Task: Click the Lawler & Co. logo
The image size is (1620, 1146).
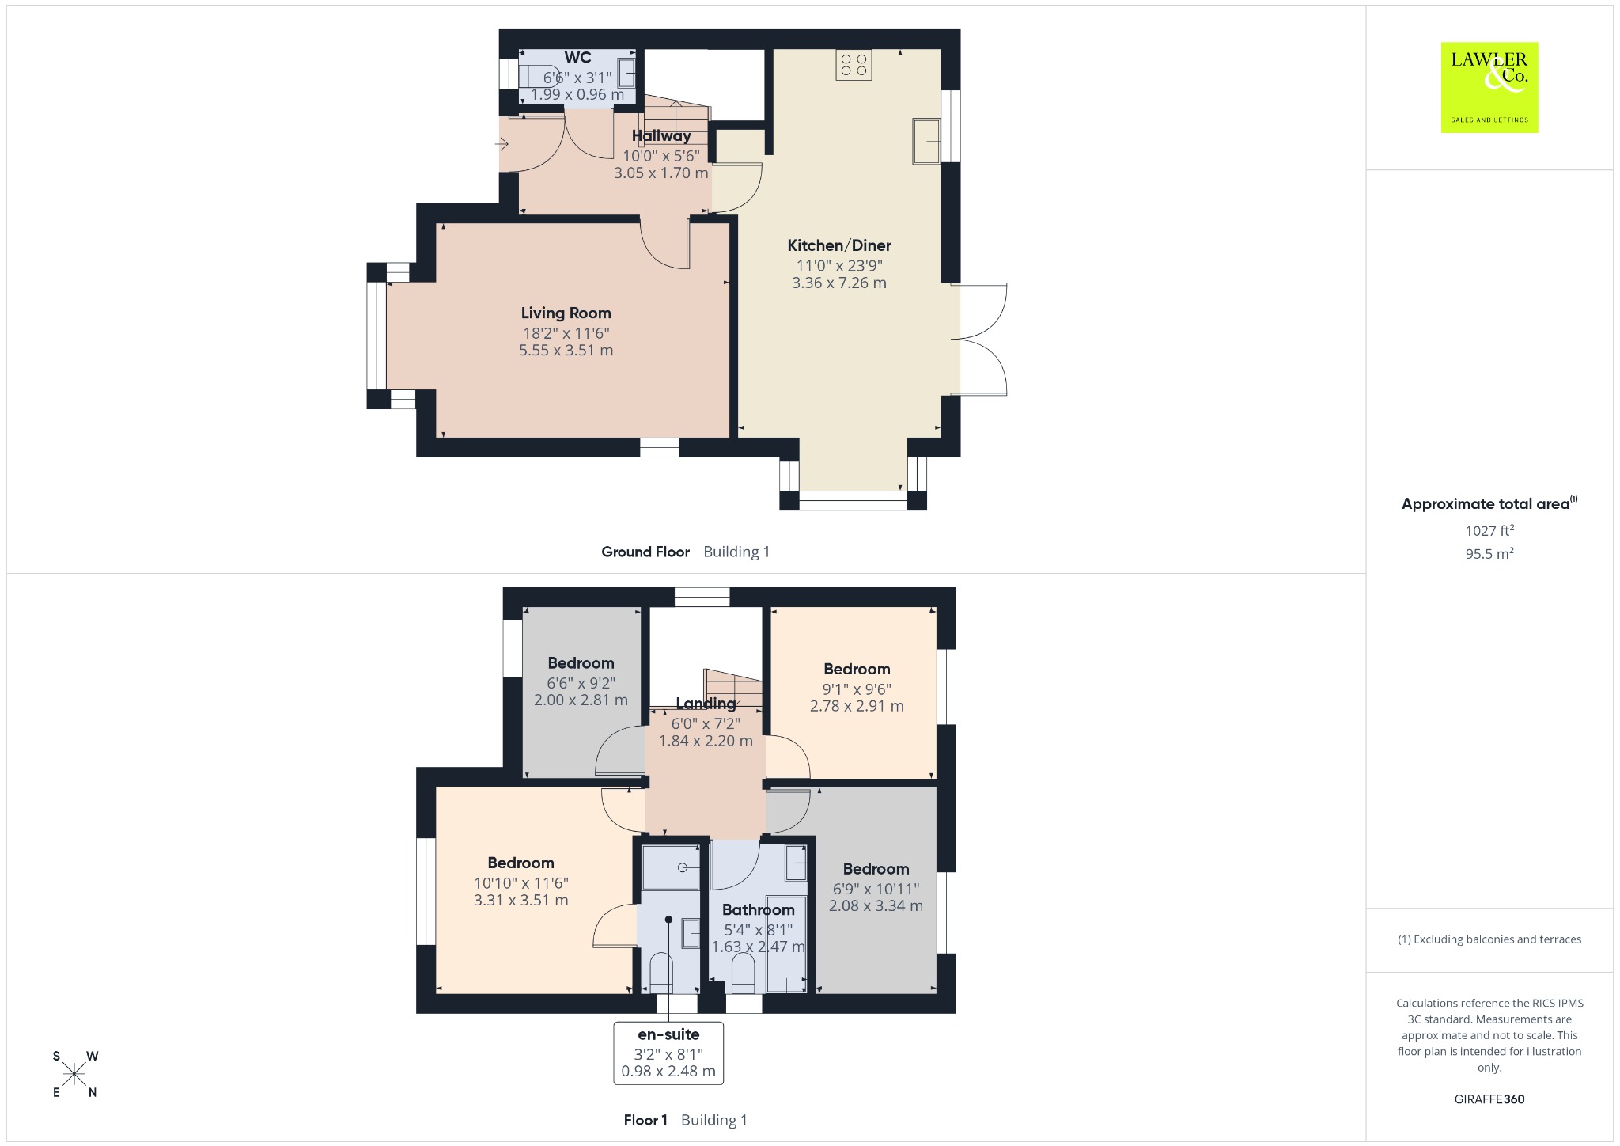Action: tap(1489, 87)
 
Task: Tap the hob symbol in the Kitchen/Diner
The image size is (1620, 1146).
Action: tap(854, 65)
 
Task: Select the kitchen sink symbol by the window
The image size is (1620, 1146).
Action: tap(926, 141)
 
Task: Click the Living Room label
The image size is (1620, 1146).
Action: tap(566, 313)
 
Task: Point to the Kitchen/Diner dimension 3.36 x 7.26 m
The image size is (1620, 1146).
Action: tap(838, 283)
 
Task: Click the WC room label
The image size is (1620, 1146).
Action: tap(577, 57)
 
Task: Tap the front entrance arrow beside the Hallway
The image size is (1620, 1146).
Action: tap(502, 144)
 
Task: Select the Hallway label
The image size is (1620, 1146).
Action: tap(661, 136)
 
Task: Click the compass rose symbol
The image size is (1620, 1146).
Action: tap(74, 1074)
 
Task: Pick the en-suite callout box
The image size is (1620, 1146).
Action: tap(668, 1053)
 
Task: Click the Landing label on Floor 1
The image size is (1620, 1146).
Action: tap(706, 703)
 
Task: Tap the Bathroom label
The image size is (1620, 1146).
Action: tap(758, 909)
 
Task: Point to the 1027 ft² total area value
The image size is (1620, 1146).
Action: tap(1489, 530)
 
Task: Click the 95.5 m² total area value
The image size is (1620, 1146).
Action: tap(1489, 553)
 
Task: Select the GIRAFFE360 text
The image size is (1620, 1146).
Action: tap(1489, 1099)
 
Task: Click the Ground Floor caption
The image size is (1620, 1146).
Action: tap(645, 552)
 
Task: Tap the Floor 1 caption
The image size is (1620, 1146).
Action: tap(645, 1120)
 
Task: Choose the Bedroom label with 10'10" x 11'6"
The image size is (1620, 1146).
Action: tap(520, 863)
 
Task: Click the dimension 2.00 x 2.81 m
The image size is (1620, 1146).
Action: tap(581, 700)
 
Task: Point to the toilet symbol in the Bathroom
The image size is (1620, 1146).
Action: tap(743, 973)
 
